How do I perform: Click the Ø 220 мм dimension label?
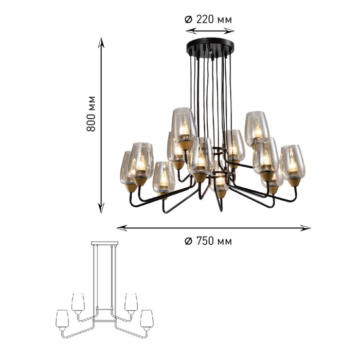[x=208, y=20]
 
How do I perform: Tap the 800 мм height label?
[x=91, y=114]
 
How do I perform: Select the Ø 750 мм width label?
[x=208, y=241]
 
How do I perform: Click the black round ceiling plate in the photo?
[x=210, y=47]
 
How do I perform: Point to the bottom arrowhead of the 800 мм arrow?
[x=101, y=208]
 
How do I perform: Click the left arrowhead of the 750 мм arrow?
[x=122, y=228]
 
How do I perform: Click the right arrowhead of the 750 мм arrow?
[x=305, y=228]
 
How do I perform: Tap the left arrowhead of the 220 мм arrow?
[x=191, y=30]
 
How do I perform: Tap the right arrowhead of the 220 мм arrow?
[x=229, y=30]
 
